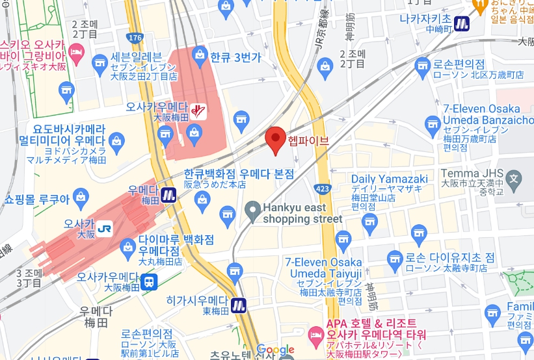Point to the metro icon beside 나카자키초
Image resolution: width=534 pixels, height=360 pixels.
coord(462,23)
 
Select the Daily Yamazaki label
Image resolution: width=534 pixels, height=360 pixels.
coord(389,179)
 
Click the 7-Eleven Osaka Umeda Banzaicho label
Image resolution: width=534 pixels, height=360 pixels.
coord(483,115)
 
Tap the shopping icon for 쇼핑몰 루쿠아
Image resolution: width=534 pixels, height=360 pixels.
coord(81,196)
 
